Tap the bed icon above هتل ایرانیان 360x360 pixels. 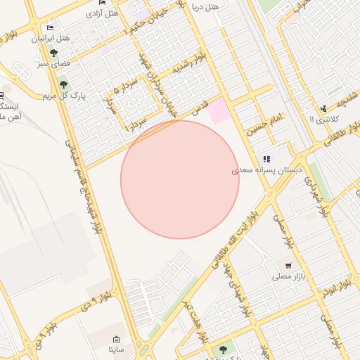coord(49,27)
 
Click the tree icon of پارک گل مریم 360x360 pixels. coord(64,85)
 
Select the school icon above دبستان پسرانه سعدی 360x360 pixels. coord(266,159)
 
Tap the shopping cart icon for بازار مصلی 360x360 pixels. coord(288,265)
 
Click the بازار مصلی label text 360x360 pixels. coord(287,276)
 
